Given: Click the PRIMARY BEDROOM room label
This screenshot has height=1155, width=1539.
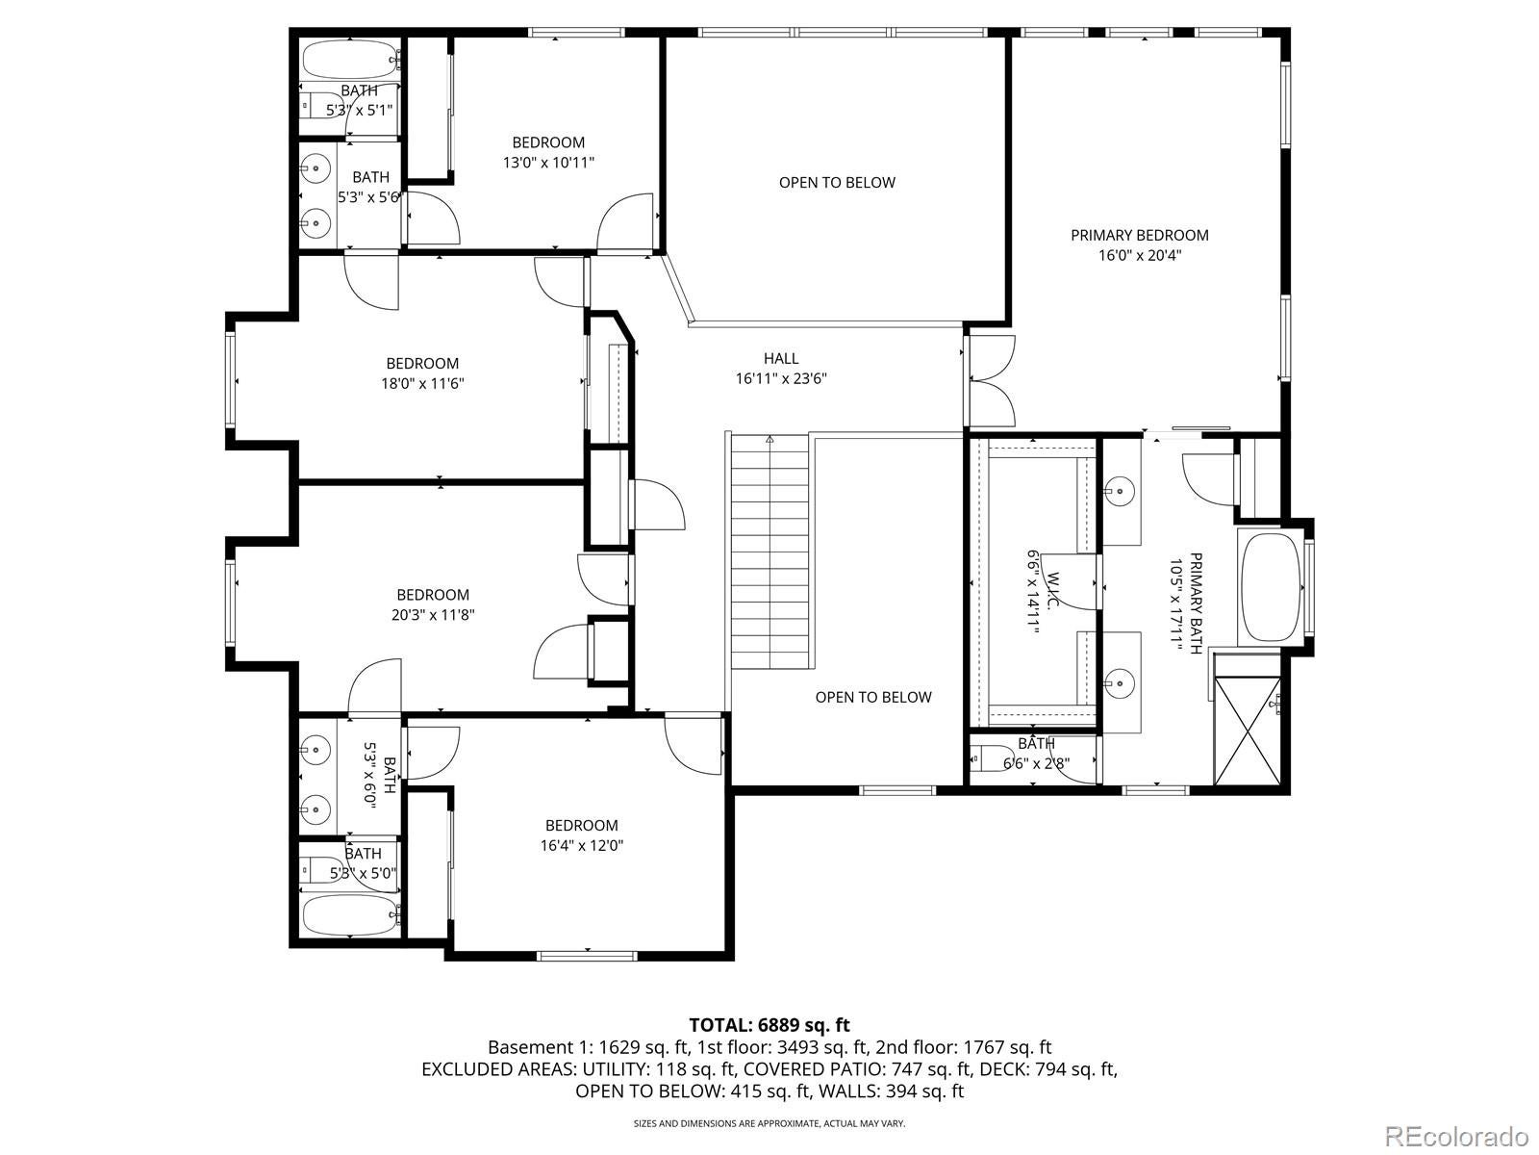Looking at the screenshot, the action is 1140,236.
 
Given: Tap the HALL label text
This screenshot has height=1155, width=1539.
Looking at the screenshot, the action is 781,358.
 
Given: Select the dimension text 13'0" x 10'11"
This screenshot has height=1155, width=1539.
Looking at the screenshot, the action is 548,163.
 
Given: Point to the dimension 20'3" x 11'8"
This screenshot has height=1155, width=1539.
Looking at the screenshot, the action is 433,615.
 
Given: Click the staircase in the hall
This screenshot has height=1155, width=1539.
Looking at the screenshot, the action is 770,552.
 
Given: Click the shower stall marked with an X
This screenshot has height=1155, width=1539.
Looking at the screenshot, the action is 1248,731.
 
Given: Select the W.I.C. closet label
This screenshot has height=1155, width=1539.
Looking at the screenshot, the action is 1053,590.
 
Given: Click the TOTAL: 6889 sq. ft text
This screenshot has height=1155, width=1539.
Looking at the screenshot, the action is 769,1024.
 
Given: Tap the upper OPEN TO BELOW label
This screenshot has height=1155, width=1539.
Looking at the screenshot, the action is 837,182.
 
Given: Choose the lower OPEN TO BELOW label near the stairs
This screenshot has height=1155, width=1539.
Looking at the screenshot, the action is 873,697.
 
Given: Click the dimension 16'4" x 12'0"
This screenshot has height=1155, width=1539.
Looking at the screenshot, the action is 582,846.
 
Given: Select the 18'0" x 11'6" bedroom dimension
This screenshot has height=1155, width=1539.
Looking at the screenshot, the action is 422,384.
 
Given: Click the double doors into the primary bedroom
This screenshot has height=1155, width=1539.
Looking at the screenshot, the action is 990,381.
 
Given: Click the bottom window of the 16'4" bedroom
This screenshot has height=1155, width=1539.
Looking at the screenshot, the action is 587,955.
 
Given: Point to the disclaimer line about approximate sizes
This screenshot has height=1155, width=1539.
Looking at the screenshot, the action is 769,1123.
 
